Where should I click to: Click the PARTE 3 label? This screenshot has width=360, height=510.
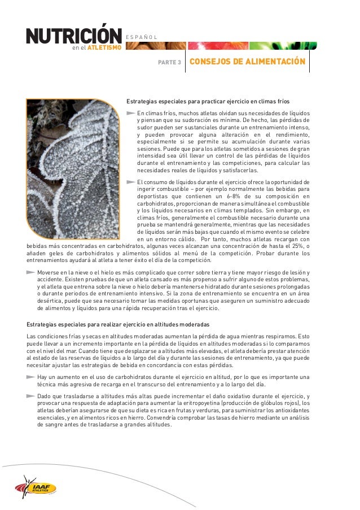click(x=169, y=63)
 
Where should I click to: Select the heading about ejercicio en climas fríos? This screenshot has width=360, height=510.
click(x=207, y=102)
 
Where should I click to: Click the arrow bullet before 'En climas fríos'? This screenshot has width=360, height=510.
click(x=130, y=113)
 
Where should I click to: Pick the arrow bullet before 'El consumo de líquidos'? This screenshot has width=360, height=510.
click(x=130, y=182)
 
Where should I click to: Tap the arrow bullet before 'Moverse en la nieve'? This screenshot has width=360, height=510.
click(x=30, y=272)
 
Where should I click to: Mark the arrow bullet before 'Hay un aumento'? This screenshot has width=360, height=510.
click(x=30, y=377)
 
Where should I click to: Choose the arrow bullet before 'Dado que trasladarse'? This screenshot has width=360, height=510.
click(x=30, y=396)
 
